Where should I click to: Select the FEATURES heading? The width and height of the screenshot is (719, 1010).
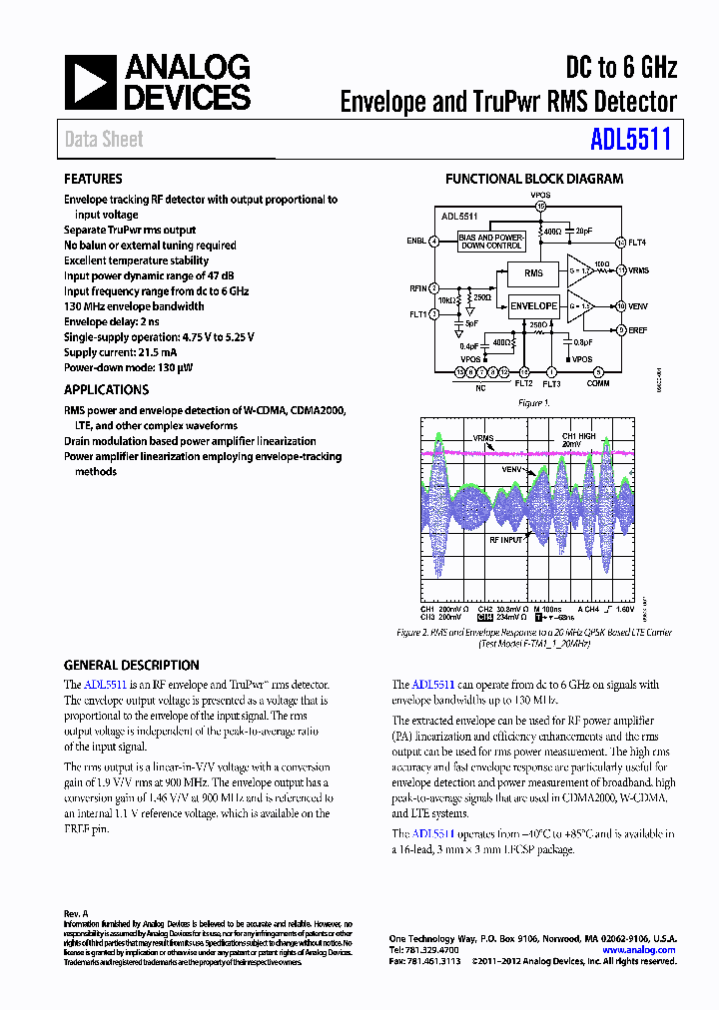[93, 179]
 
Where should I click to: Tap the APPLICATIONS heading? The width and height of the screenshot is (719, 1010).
[106, 390]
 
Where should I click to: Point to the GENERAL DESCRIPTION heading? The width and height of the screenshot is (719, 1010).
[132, 665]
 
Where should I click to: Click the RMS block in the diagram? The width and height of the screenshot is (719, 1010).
[533, 272]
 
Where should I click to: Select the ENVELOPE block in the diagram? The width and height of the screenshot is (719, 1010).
[533, 305]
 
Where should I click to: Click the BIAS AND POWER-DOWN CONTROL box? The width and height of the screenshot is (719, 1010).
[490, 241]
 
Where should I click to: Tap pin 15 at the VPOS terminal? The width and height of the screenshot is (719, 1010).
[540, 207]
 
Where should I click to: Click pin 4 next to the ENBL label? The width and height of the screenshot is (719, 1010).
[434, 241]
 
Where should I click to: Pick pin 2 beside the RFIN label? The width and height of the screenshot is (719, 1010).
[434, 288]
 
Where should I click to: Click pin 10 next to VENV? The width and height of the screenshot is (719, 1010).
[620, 305]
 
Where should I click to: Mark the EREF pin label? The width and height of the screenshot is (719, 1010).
[639, 329]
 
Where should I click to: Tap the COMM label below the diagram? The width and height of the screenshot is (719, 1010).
[598, 383]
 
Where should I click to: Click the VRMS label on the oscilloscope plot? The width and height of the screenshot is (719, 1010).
[484, 438]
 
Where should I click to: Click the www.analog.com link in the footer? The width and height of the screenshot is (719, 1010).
[643, 950]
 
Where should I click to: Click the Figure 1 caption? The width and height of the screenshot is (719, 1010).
[532, 402]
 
